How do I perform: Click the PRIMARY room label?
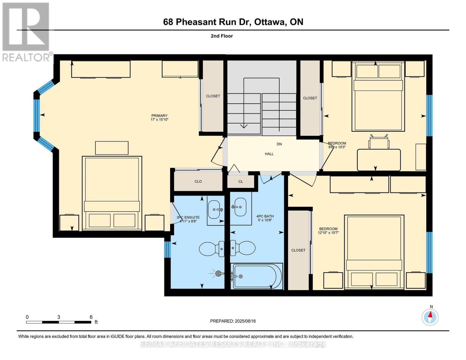[x=159, y=115]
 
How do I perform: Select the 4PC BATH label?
[x=265, y=216]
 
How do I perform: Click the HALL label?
[x=269, y=154]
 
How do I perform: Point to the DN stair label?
[x=279, y=144]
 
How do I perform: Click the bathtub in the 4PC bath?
[x=257, y=276]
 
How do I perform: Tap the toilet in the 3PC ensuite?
[x=212, y=249]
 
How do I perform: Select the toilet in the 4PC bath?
[x=243, y=248]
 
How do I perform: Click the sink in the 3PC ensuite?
[x=214, y=209]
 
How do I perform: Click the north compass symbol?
[x=430, y=317]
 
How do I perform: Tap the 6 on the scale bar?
[x=91, y=317]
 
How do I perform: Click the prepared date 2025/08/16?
[x=245, y=321]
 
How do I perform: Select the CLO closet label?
[x=198, y=181]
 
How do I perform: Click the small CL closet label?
[x=241, y=181]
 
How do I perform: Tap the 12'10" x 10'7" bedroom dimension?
[x=328, y=232]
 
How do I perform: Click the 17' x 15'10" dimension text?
[x=159, y=119]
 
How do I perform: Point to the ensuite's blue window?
[x=167, y=250]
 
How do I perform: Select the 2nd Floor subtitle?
[x=222, y=36]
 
